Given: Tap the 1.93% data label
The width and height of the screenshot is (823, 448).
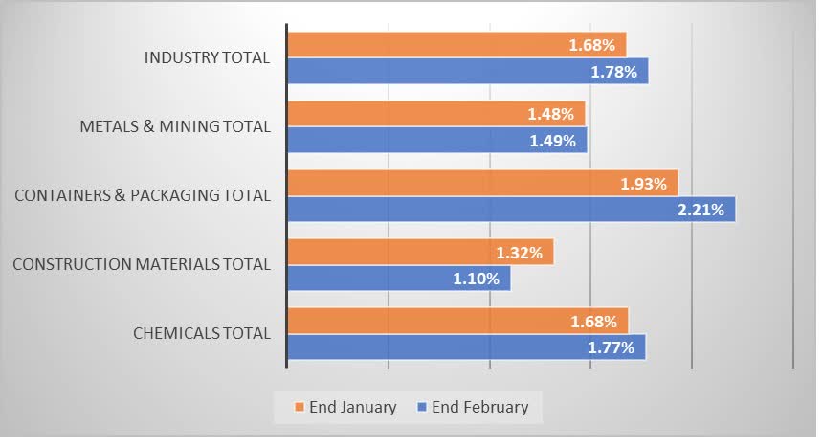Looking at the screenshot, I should tap(643, 184).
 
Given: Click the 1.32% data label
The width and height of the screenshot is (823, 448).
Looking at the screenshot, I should tap(520, 253).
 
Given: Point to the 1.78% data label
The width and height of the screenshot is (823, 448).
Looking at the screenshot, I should tap(613, 72).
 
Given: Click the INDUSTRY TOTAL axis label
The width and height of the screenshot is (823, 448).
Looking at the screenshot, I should tap(207, 58).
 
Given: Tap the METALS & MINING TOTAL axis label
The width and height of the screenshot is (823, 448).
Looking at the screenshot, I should tap(175, 126).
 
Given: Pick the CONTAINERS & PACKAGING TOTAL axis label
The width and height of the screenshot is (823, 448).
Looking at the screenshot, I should tap(143, 195).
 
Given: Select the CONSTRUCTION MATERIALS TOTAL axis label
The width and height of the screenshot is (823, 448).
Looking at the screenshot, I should tap(142, 264).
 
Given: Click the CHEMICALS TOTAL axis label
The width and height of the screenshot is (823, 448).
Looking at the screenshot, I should tap(201, 333).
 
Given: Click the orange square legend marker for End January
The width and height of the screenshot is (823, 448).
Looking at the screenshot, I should tap(299, 407).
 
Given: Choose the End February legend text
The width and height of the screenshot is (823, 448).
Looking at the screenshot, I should tap(479, 407).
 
